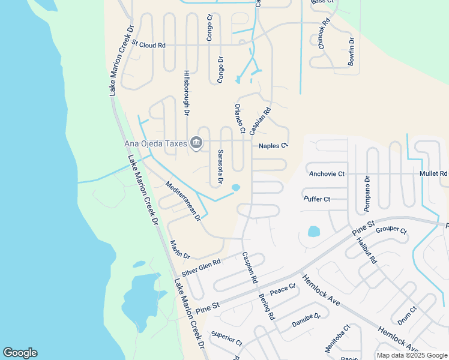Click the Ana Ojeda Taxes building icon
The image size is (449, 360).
click(196, 143)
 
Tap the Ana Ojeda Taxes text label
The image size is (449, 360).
click(156, 143)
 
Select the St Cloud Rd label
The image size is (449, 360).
click(148, 45)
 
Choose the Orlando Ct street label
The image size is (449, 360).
click(240, 118)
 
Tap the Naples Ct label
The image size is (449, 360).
click(273, 145)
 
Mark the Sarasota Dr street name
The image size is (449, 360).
click(220, 167)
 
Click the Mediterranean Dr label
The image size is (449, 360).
click(182, 202)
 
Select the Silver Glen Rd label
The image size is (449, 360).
click(201, 268)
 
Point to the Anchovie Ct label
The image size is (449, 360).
click(327, 174)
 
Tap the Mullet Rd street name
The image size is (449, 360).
click(433, 174)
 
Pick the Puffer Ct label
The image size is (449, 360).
click(317, 199)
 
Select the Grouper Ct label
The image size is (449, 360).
click(391, 230)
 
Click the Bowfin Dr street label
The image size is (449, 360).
click(352, 52)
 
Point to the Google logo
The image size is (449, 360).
click(20, 353)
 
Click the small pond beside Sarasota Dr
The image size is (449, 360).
click(235, 188)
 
